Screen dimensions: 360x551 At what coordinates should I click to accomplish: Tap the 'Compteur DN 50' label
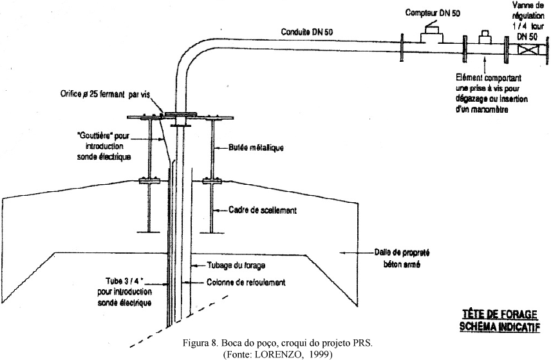[x=433, y=12]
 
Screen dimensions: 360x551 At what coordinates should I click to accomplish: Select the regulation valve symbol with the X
[x=529, y=48]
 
